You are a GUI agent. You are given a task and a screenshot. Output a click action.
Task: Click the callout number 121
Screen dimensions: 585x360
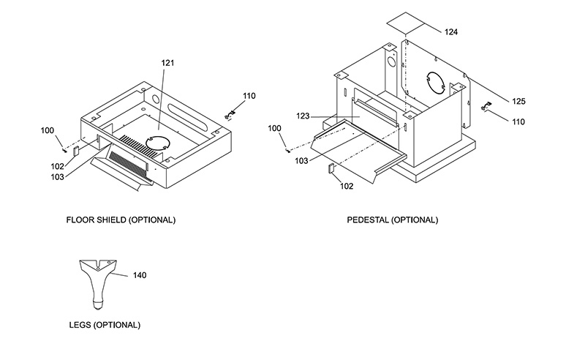(x=168, y=63)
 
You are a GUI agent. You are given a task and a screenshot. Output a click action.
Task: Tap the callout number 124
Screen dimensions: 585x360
(x=451, y=32)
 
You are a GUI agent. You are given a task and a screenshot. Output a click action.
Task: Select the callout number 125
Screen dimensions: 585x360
(x=518, y=101)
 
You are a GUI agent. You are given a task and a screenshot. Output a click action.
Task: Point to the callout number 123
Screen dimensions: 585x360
(x=303, y=116)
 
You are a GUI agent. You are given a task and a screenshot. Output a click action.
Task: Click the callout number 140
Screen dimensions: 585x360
(x=140, y=275)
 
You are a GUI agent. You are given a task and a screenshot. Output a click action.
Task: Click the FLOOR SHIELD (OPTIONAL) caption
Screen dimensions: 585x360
(x=121, y=220)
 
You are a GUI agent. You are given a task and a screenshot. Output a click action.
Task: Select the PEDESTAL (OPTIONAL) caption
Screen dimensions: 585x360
(x=393, y=220)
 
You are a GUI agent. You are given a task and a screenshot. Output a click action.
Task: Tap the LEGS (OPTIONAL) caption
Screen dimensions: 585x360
(x=105, y=325)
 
